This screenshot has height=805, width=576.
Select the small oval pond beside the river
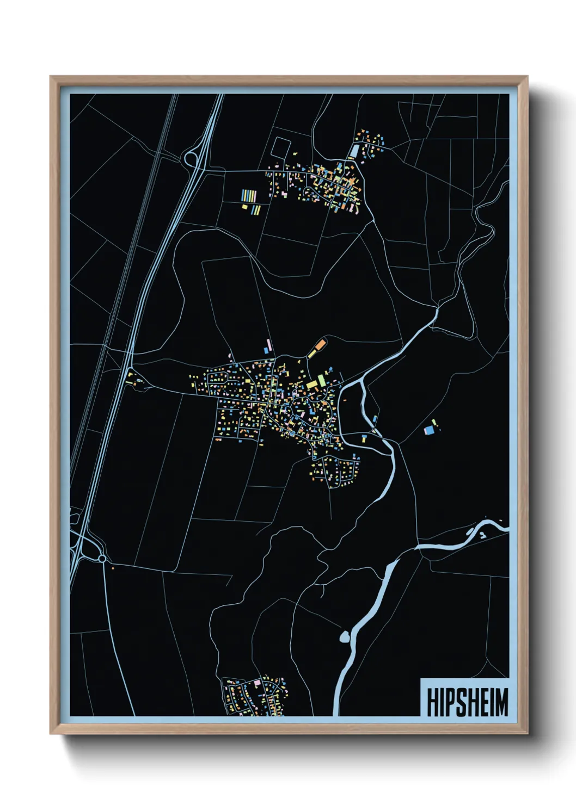pyautogui.click(x=344, y=636)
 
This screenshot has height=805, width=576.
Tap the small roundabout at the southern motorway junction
pyautogui.click(x=102, y=559)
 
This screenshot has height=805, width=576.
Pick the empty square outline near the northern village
pyautogui.click(x=281, y=147)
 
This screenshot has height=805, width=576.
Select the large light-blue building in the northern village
pyautogui.click(x=355, y=150)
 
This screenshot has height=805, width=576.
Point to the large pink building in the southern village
pyautogui.click(x=258, y=682)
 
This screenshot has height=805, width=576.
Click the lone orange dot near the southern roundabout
pyautogui.click(x=113, y=568)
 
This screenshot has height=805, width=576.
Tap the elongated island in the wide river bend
pyautogui.click(x=471, y=530)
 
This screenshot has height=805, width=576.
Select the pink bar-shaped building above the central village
pyautogui.click(x=268, y=344)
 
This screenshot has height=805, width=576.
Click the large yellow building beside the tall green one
pyautogui.click(x=312, y=385)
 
